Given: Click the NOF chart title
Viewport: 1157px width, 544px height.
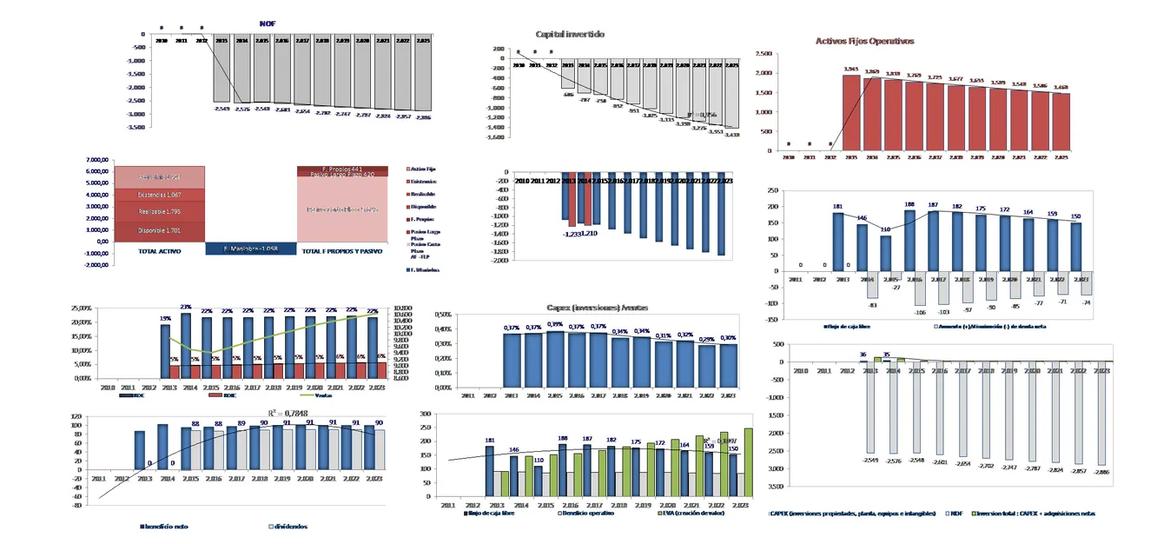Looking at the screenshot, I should click(x=268, y=23).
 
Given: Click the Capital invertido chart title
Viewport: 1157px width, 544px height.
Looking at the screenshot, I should click(x=571, y=34).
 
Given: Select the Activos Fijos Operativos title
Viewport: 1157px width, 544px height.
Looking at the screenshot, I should click(x=864, y=41).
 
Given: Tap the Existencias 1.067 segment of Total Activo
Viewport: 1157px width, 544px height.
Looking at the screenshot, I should click(x=159, y=194).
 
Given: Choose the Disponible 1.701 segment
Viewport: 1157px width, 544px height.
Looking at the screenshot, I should click(x=159, y=230).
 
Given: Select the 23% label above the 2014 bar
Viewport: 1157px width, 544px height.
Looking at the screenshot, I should click(x=185, y=307).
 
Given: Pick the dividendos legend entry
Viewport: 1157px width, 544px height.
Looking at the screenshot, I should click(x=290, y=526).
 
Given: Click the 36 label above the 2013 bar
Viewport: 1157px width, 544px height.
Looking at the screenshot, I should click(x=863, y=354).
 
